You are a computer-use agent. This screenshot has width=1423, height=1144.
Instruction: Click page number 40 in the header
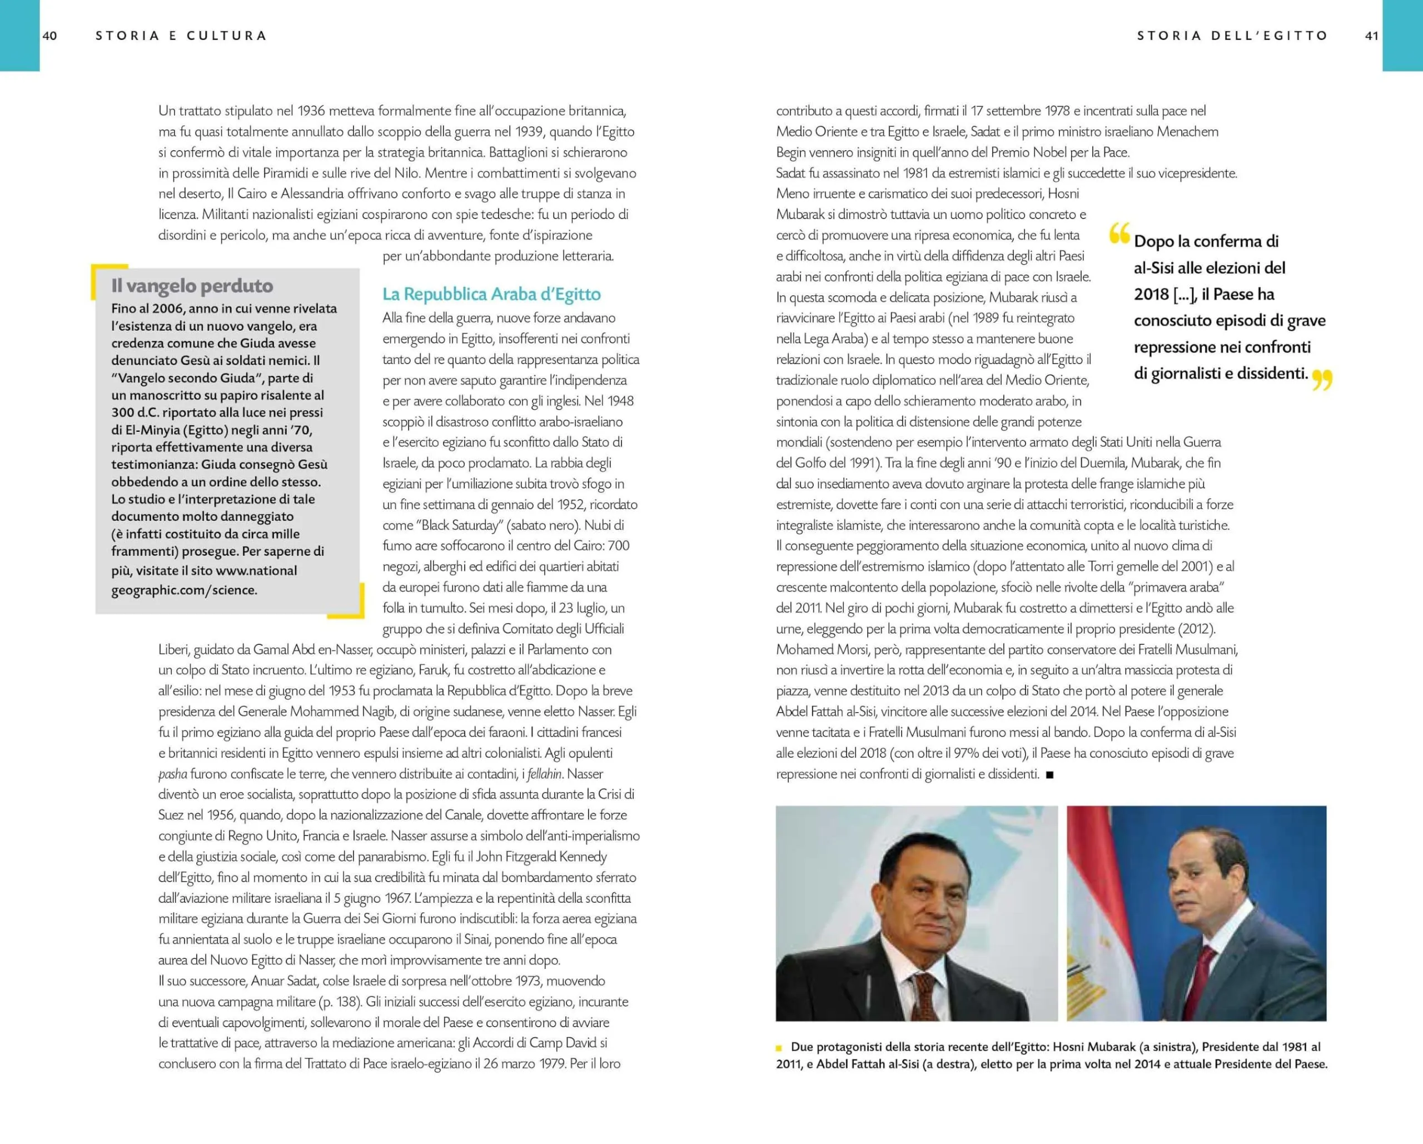tap(49, 36)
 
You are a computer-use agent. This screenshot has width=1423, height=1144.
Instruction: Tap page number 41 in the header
tap(1371, 36)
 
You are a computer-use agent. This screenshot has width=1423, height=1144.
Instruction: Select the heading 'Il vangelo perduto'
tap(192, 286)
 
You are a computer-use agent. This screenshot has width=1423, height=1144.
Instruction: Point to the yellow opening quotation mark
tap(1120, 233)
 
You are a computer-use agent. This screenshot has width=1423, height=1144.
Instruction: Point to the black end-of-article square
tap(1050, 774)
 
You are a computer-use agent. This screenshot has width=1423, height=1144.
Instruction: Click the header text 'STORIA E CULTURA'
tap(181, 36)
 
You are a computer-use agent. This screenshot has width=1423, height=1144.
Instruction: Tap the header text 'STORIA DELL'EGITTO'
tap(1232, 36)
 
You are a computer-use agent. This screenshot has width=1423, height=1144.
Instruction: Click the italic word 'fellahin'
tap(545, 774)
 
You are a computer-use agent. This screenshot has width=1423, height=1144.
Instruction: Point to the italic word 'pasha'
tap(172, 774)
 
